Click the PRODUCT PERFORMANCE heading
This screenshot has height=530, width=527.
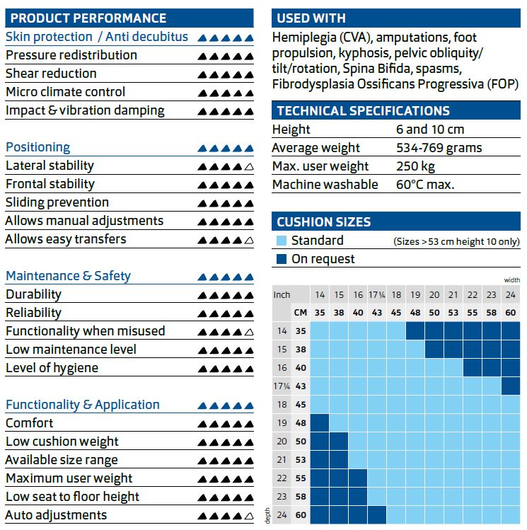(x=89, y=18)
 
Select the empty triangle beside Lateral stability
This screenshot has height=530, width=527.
(x=248, y=167)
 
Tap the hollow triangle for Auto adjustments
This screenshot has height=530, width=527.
(x=248, y=517)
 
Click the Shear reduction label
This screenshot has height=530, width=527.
(x=51, y=74)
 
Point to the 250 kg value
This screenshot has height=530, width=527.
(x=416, y=166)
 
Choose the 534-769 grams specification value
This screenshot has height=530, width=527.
(x=439, y=148)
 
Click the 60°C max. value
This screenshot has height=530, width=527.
(x=425, y=185)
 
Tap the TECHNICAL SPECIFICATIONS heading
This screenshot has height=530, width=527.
(x=363, y=111)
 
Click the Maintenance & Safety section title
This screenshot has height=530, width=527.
(x=68, y=276)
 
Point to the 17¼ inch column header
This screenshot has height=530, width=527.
(x=376, y=294)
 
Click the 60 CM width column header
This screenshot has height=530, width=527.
(x=511, y=312)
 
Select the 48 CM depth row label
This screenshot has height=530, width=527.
(x=301, y=422)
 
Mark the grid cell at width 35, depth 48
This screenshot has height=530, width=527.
(x=320, y=422)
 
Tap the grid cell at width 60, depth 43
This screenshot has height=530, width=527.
(x=511, y=386)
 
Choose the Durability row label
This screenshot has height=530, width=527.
(x=33, y=294)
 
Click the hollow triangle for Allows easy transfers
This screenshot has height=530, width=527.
(x=248, y=241)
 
